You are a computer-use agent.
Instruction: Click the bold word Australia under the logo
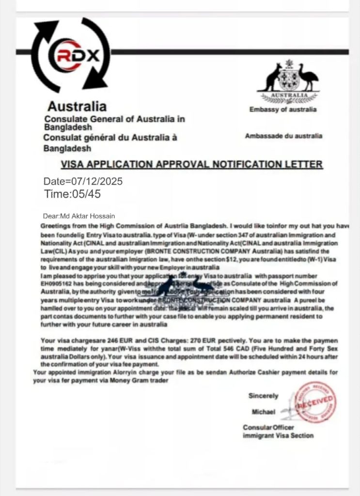click(77, 106)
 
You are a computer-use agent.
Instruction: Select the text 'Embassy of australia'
click(283, 109)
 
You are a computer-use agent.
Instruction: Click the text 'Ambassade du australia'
click(283, 136)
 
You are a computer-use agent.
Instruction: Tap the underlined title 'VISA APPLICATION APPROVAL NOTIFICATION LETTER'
click(191, 164)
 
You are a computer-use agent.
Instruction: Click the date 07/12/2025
click(97, 182)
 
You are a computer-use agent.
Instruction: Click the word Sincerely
click(264, 396)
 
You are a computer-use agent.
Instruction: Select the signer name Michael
click(264, 412)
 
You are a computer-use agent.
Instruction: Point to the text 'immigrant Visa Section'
click(278, 435)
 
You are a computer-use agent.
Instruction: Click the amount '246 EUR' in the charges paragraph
click(105, 341)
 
